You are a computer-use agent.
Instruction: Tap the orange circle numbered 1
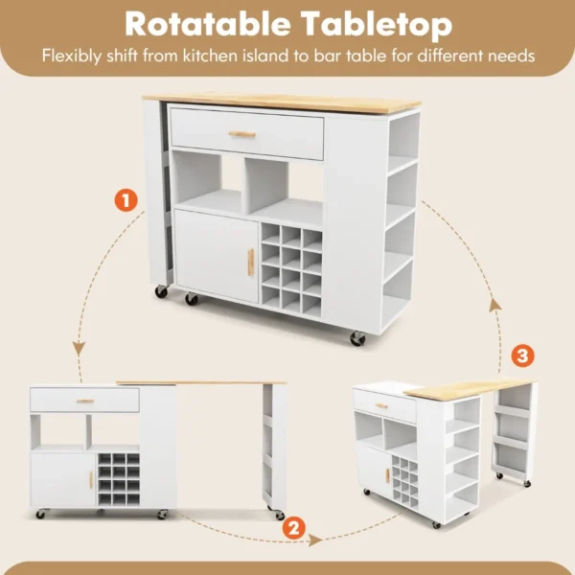pyautogui.click(x=126, y=201)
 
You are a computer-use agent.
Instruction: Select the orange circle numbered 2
pyautogui.click(x=295, y=526)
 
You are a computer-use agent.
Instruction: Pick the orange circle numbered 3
pyautogui.click(x=523, y=356)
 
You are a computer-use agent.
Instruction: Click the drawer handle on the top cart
pyautogui.click(x=243, y=134)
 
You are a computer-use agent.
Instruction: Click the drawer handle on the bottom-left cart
pyautogui.click(x=85, y=401)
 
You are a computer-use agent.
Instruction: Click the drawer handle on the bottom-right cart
pyautogui.click(x=381, y=406)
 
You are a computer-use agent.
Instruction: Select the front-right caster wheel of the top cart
pyautogui.click(x=356, y=338)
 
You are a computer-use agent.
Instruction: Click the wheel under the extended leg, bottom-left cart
pyautogui.click(x=279, y=514)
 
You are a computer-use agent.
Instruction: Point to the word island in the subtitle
pyautogui.click(x=266, y=55)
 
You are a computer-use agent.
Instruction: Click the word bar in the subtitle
pyautogui.click(x=327, y=55)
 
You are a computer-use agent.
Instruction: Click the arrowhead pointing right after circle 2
pyautogui.click(x=316, y=540)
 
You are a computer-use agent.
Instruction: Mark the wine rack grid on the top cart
pyautogui.click(x=291, y=265)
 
